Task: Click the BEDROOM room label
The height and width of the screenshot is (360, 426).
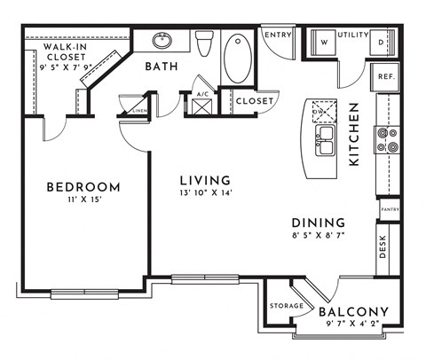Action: point(82,187)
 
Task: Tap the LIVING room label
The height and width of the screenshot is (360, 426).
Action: point(203,180)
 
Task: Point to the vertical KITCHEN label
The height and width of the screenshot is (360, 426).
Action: point(353,136)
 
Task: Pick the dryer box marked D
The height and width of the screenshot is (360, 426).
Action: point(381,41)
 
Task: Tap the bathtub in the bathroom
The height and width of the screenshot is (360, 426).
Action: point(238,59)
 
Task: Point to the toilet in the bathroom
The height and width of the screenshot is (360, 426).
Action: point(205,43)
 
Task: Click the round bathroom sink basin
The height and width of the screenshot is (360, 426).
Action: point(162,40)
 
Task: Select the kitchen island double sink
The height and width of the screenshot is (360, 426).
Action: point(325,137)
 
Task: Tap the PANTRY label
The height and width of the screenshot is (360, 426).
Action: point(389,209)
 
